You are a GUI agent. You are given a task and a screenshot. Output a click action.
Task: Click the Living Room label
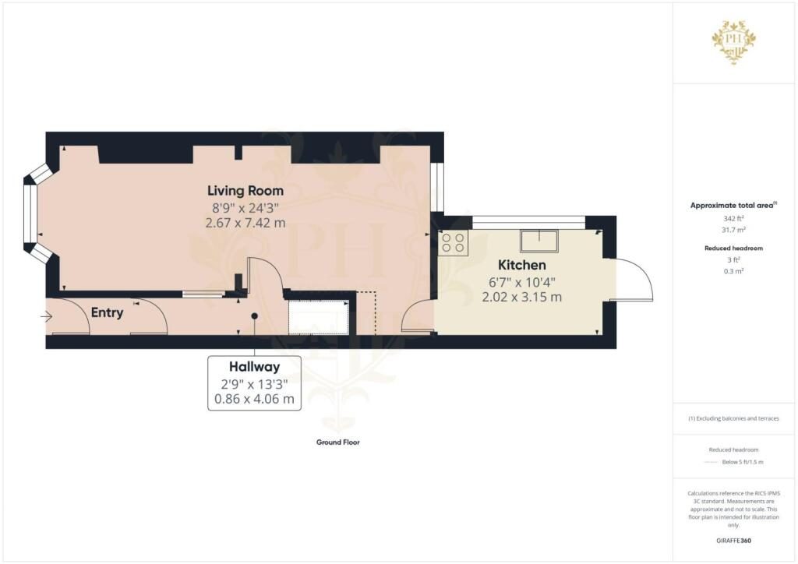click(245, 191)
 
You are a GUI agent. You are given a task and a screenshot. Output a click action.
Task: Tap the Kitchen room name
click(521, 265)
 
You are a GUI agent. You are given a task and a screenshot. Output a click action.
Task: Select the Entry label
click(107, 312)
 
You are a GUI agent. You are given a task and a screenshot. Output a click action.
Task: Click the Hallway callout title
click(254, 367)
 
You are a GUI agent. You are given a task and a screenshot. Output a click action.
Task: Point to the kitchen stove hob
click(453, 242)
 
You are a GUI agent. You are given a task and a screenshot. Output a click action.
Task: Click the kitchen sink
click(539, 241)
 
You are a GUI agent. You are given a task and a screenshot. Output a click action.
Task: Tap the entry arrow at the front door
click(46, 317)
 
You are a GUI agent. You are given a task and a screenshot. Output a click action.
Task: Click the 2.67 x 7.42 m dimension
click(245, 223)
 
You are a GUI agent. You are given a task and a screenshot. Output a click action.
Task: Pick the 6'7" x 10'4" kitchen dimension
click(521, 282)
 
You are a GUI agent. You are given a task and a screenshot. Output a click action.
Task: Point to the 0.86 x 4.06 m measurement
click(254, 399)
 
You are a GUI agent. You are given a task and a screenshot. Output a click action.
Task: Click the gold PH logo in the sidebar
click(734, 42)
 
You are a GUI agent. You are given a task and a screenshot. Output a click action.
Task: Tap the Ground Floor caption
click(338, 442)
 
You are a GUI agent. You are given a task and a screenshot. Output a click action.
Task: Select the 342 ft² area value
click(733, 219)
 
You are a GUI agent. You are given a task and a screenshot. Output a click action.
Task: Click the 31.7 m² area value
click(733, 230)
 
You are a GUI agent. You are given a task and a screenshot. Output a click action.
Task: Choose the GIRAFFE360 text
click(733, 541)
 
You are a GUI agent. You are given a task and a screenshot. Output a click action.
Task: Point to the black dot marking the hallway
click(255, 315)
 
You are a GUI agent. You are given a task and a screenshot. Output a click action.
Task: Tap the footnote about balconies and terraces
click(733, 418)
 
